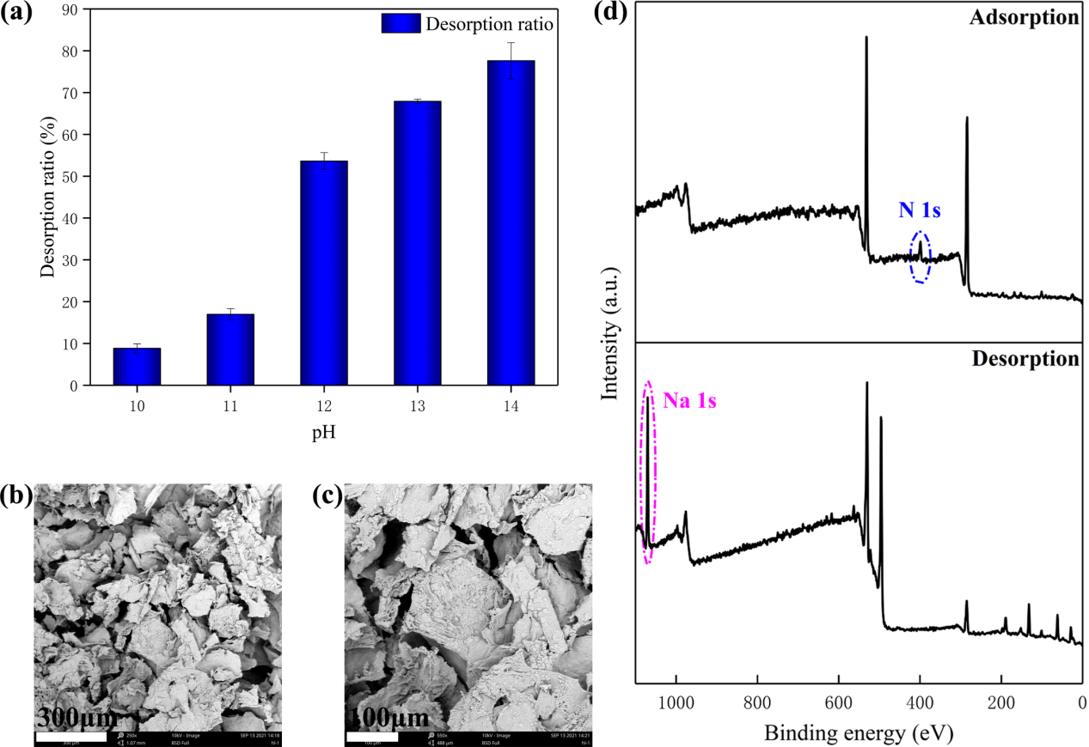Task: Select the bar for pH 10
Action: click(137, 367)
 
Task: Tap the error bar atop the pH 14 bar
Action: click(511, 60)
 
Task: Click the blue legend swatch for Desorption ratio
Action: click(401, 23)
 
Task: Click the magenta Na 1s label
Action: click(689, 400)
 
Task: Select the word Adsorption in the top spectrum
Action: click(1025, 17)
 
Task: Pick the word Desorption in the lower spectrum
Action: click(1025, 358)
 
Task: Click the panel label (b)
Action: click(17, 495)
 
